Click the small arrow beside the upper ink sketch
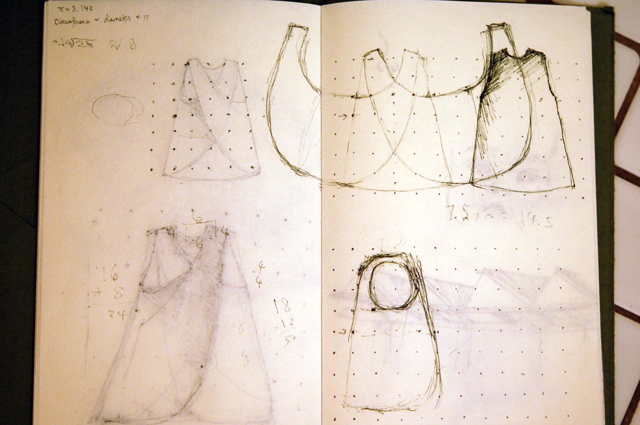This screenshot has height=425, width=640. [343, 116]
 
